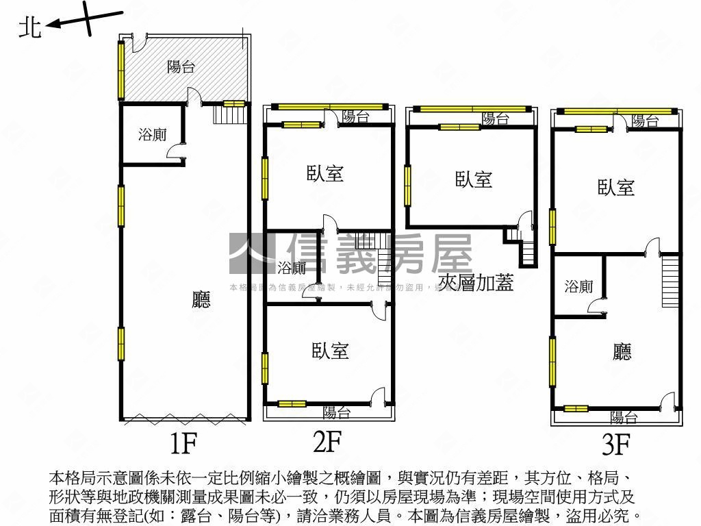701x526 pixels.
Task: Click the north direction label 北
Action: click(29, 27)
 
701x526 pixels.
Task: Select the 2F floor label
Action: click(327, 442)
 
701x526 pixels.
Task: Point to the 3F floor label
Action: click(615, 445)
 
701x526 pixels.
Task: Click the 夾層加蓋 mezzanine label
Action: click(476, 282)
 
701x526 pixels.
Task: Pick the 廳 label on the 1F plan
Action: click(201, 299)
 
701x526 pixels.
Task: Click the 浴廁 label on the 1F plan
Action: click(152, 135)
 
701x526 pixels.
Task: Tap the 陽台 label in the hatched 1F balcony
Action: click(181, 66)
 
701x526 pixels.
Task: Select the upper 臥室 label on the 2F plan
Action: click(324, 173)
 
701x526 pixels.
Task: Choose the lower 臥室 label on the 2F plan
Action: click(331, 351)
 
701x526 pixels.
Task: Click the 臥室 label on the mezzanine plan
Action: click(474, 179)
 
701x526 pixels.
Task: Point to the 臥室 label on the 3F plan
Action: click(616, 187)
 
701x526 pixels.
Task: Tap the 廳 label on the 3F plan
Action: click(622, 352)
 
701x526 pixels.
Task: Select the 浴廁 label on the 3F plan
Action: click(579, 287)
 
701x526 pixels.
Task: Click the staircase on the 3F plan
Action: click(671, 281)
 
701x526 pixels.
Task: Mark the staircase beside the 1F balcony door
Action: click(230, 114)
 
